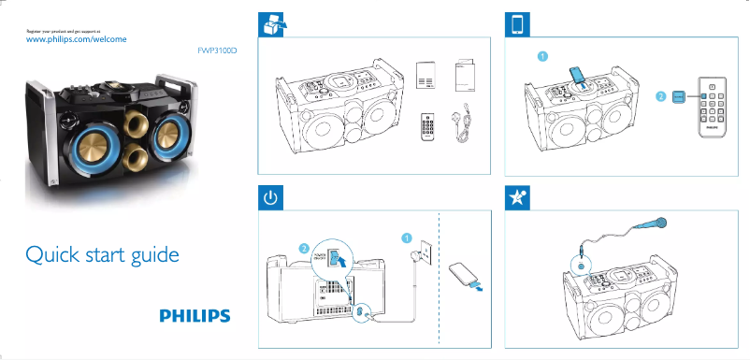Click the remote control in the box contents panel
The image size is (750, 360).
click(429, 126)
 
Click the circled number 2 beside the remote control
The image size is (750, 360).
click(660, 96)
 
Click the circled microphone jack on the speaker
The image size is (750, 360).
click(583, 266)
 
